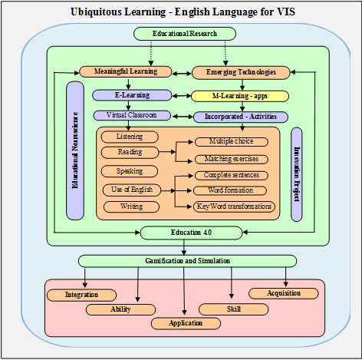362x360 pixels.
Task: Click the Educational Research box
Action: pos(184,34)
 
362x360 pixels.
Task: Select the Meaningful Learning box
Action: pos(126,72)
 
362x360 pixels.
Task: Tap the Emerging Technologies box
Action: pos(241,72)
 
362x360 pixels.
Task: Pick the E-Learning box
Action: pos(133,95)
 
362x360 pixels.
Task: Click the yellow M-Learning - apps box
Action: pos(239,97)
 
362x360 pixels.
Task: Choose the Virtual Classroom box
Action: pos(132,115)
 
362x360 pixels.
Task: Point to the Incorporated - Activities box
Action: pos(240,117)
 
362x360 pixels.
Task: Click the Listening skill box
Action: pos(130,137)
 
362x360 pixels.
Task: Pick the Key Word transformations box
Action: pos(235,206)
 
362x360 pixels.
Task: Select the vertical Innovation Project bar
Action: pos(297,174)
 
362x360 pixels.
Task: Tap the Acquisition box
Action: pos(284,293)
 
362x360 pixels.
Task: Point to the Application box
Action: pos(185,323)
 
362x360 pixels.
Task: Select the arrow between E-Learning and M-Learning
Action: pos(181,96)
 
